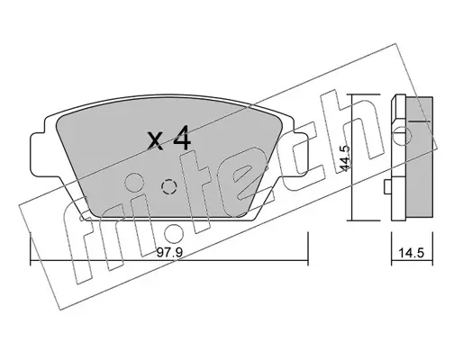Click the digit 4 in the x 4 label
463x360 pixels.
point(182,139)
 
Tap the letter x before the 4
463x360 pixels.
point(156,141)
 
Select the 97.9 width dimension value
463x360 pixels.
point(170,253)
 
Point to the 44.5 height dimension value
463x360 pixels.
point(345,158)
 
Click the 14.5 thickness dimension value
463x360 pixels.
point(411,253)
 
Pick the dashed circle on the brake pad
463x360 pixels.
point(168,187)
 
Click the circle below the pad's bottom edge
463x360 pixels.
point(174,233)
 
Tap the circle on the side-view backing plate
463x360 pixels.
point(402,136)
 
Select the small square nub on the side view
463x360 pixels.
point(388,187)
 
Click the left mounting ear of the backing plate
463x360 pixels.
point(38,154)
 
